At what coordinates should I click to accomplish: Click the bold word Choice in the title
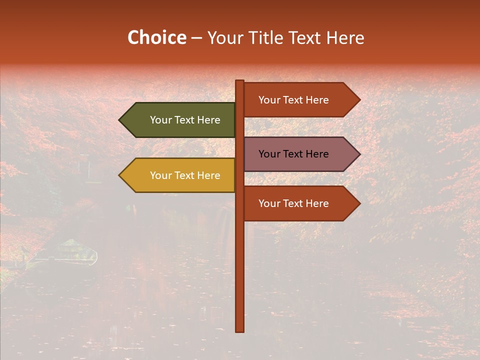click(156, 37)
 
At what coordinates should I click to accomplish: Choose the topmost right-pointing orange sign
click(297, 100)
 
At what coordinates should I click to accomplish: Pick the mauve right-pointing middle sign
click(297, 154)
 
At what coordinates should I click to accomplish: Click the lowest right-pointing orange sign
click(297, 203)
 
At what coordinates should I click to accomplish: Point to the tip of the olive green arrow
click(120, 120)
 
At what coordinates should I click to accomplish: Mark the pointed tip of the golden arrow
click(120, 175)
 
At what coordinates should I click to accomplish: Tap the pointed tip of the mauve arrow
click(359, 154)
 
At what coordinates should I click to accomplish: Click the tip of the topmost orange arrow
click(359, 100)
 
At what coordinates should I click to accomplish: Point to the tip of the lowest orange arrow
click(359, 203)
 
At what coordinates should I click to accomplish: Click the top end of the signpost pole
click(240, 81)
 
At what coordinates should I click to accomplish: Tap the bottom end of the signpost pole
click(240, 330)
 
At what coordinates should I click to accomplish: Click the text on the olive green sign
click(185, 120)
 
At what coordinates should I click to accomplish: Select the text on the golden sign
click(185, 175)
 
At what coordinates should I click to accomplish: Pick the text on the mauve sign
click(293, 154)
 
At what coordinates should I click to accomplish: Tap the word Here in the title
click(345, 37)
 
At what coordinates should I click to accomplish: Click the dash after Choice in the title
click(196, 38)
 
